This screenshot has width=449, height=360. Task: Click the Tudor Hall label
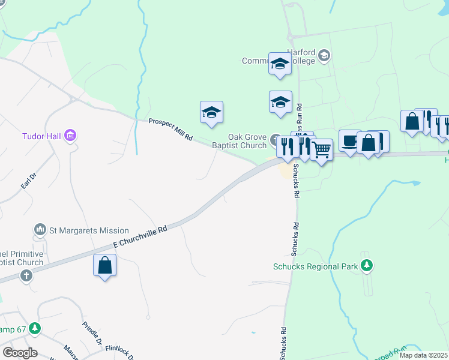[x=42, y=136]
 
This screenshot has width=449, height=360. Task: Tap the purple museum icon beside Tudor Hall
[x=71, y=136]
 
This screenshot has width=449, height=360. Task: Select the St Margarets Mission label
[x=89, y=230]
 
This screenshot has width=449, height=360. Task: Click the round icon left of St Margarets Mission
[x=40, y=230]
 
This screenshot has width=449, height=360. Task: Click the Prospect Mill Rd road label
[x=170, y=129]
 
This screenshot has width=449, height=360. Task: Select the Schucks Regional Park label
[x=315, y=266]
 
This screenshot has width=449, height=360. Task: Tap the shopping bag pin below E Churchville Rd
[x=105, y=265]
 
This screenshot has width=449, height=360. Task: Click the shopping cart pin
[x=322, y=149]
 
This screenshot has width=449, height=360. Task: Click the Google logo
[x=20, y=353]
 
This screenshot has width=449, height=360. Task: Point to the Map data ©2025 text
[x=424, y=355]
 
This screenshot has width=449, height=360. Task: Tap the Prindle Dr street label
[x=91, y=332]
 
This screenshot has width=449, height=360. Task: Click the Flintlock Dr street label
[x=121, y=351]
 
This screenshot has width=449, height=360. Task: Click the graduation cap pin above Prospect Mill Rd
[x=211, y=112]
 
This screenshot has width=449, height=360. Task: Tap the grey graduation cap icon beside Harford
[x=324, y=56]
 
